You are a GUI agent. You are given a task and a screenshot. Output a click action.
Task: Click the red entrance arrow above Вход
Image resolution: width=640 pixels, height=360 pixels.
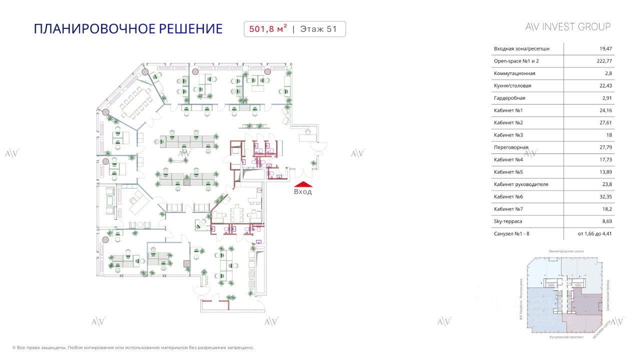click(x=302, y=183)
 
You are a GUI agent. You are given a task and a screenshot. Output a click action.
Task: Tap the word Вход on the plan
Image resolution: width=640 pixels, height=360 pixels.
click(x=302, y=191)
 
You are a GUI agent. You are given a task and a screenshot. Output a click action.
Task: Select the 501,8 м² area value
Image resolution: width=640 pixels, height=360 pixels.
click(x=265, y=29)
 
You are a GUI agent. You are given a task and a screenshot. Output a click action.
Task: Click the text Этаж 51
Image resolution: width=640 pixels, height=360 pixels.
click(x=318, y=29)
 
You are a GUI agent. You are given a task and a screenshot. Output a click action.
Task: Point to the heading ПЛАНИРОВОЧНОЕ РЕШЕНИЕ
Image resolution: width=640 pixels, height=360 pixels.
click(x=128, y=28)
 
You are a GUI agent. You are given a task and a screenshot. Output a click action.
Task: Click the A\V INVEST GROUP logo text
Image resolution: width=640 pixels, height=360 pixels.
click(x=568, y=27)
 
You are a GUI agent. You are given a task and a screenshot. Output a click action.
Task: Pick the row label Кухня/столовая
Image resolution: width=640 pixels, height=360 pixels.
click(x=512, y=86)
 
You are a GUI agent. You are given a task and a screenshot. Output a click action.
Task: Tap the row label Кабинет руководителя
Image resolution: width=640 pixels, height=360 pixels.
click(x=521, y=184)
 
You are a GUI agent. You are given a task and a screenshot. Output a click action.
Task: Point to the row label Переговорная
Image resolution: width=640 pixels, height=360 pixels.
click(x=511, y=147)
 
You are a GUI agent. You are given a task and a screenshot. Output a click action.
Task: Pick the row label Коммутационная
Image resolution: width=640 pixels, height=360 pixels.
click(x=514, y=73)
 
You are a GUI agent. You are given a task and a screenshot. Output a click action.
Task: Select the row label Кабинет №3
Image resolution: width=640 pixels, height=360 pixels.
click(x=508, y=135)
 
